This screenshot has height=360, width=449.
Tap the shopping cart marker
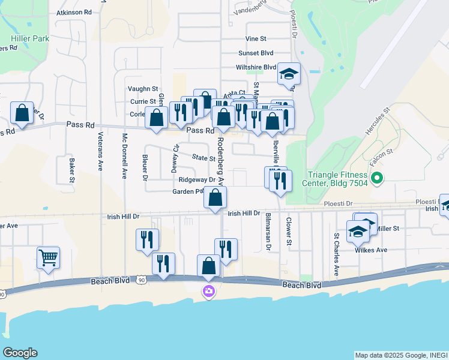tap(48, 258)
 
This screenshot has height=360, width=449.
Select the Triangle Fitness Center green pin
tap(377, 178)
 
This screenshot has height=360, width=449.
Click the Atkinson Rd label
tap(74, 12)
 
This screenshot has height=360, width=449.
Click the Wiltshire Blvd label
tap(256, 67)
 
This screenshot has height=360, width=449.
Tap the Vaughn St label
tap(143, 88)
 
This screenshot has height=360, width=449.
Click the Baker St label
tap(71, 170)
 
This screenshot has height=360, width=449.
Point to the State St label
tap(203, 158)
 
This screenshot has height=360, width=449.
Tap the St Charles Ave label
tap(336, 255)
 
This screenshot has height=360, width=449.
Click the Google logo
tap(20, 353)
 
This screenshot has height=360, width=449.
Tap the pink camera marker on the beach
tap(208, 292)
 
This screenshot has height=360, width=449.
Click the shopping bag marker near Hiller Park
tap(22, 113)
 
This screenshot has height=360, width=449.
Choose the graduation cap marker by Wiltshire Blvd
tap(289, 74)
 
